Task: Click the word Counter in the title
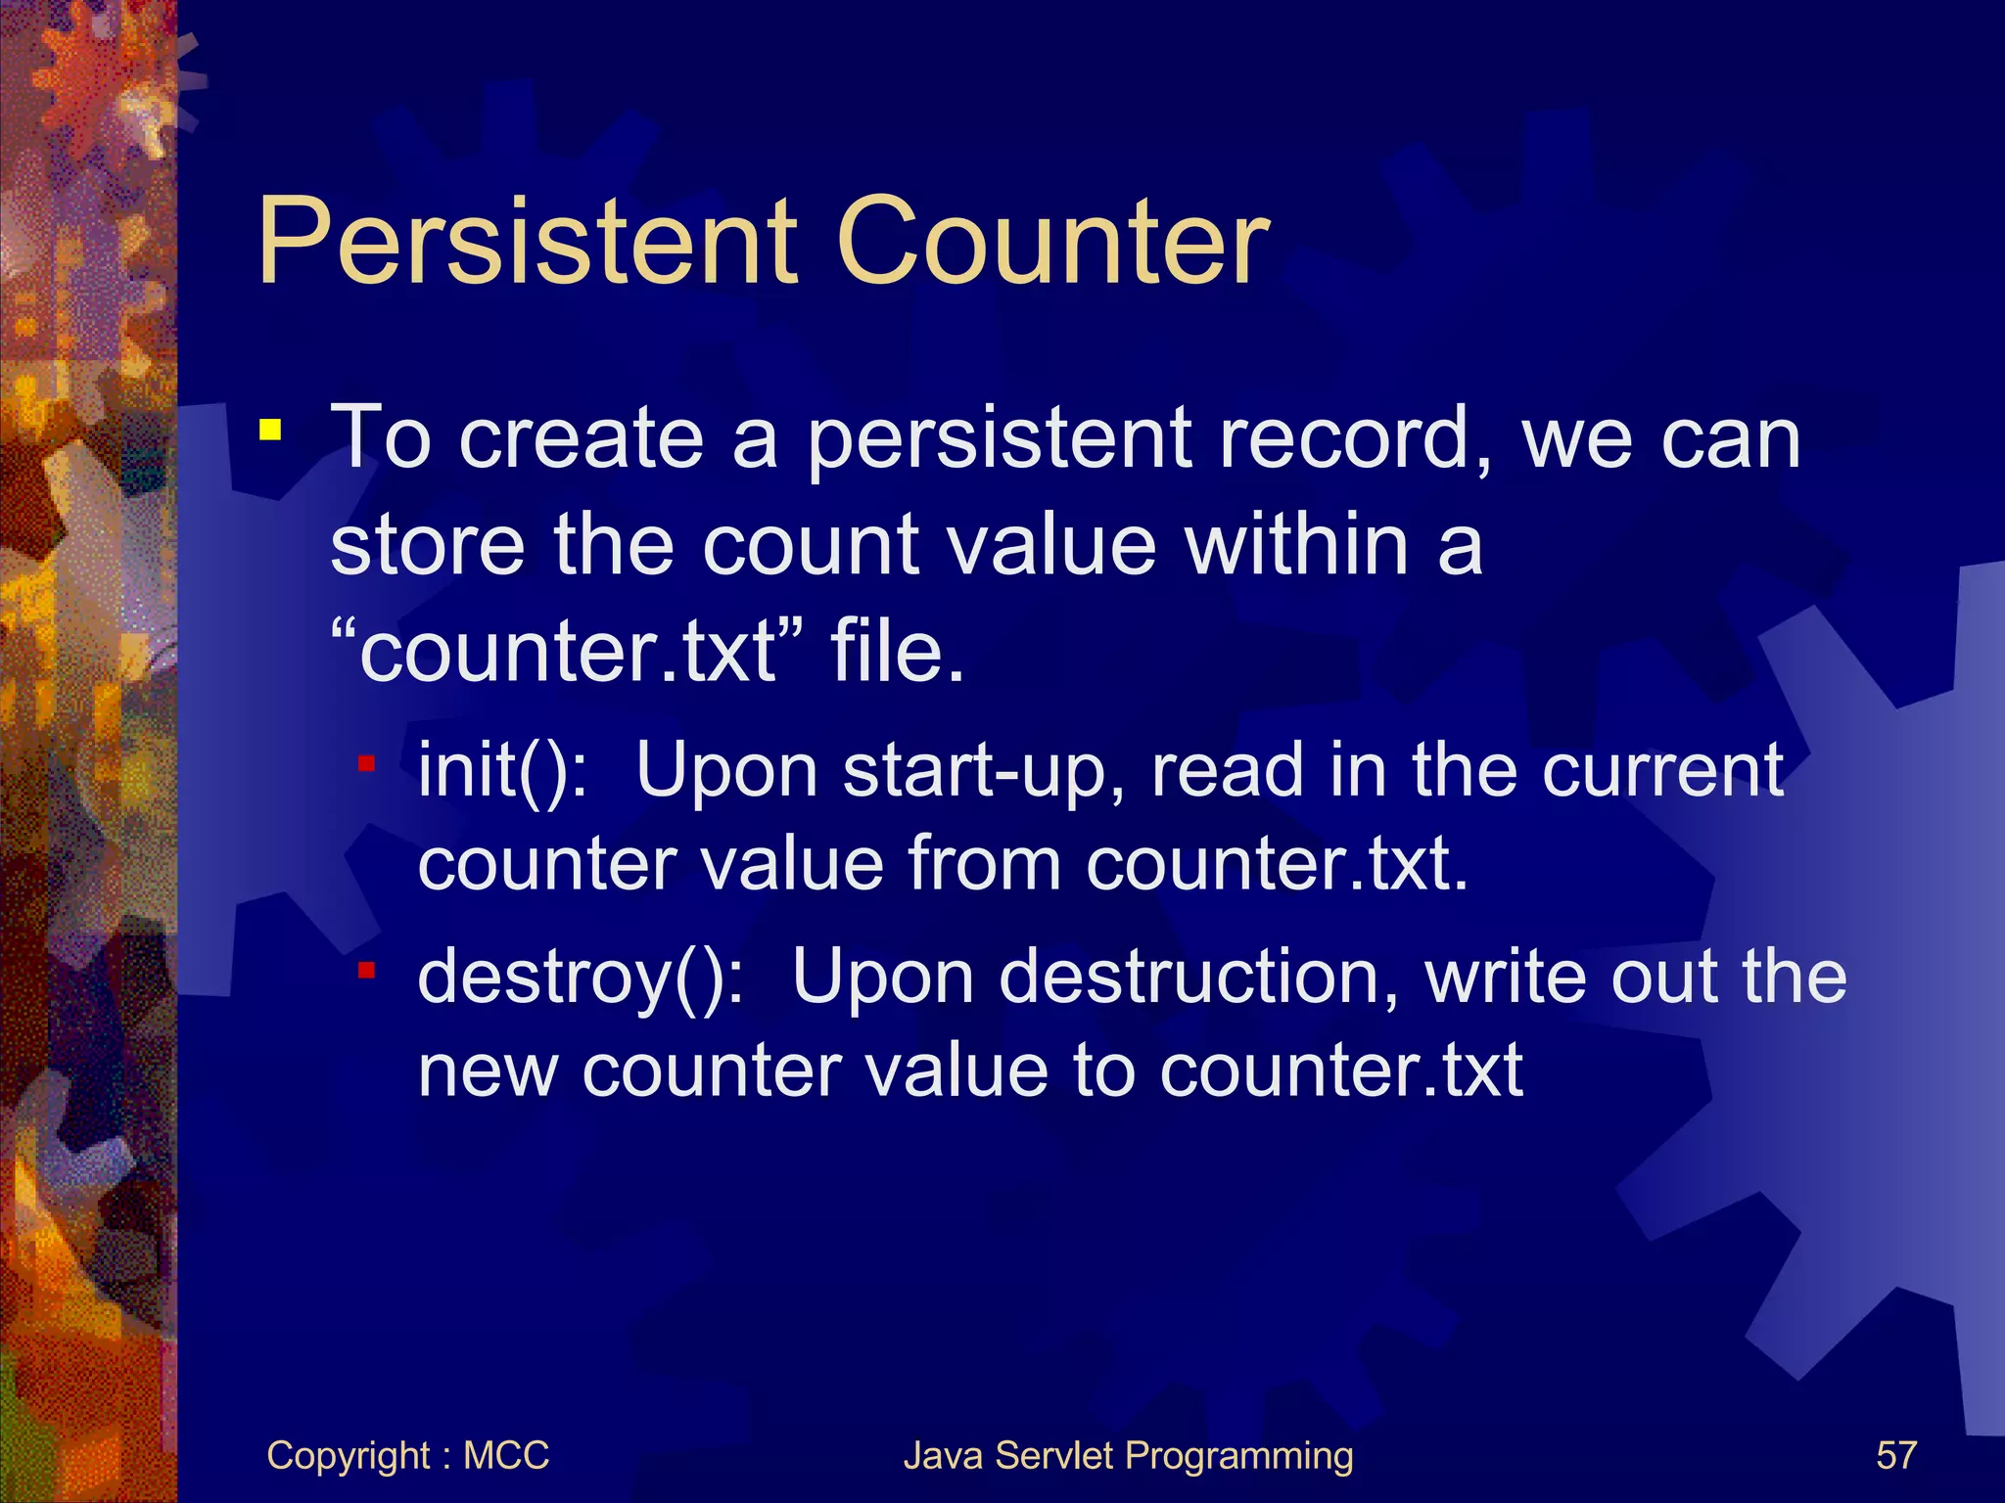(x=1052, y=242)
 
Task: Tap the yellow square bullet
(x=270, y=430)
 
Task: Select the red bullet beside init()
(x=367, y=763)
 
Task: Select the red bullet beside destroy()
(x=367, y=970)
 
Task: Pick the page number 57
(x=1895, y=1455)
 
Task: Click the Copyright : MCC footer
(x=407, y=1455)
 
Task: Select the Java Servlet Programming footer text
(x=1128, y=1455)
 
